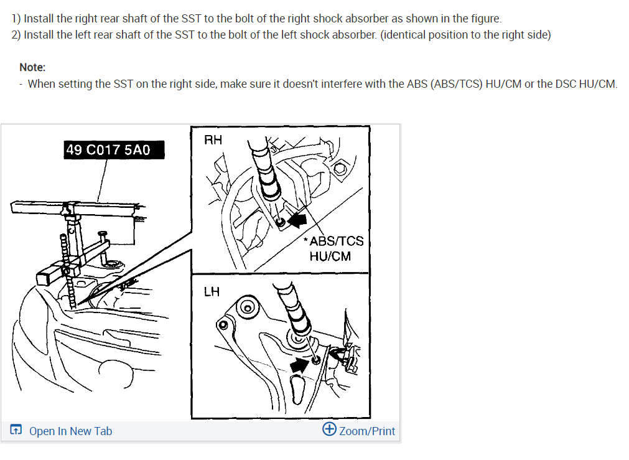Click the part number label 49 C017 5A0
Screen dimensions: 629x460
[x=114, y=150]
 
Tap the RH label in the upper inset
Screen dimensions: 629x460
[x=213, y=139]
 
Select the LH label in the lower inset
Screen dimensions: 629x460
[x=212, y=291]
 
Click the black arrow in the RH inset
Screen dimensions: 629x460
[x=297, y=220]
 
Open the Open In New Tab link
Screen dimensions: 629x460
[x=70, y=431]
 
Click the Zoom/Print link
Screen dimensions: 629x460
[x=367, y=431]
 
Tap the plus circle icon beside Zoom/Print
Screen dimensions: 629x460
[x=329, y=429]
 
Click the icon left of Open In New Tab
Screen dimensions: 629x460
[x=16, y=429]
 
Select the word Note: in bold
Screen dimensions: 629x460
[x=32, y=67]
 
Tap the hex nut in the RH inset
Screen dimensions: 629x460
[x=340, y=168]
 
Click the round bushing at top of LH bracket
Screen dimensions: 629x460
[x=247, y=308]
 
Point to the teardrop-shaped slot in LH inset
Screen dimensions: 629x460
[x=297, y=389]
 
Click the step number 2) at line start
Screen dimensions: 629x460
[x=16, y=35]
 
